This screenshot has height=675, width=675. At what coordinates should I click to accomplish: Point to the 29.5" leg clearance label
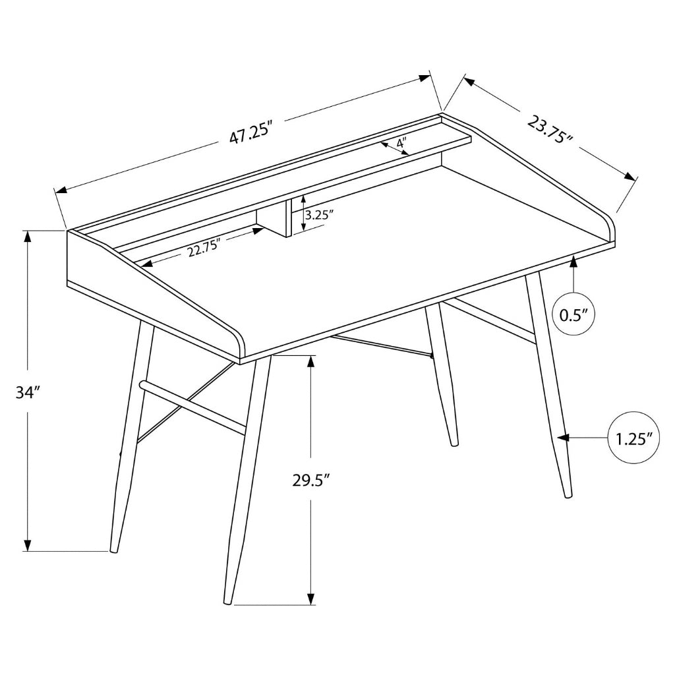point(310,480)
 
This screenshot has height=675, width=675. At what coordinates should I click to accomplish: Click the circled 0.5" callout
point(573,314)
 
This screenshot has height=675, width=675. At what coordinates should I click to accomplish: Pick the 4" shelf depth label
point(401,142)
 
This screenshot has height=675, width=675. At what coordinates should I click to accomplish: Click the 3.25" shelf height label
point(319,214)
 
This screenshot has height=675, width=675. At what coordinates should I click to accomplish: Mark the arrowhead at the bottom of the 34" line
point(28,545)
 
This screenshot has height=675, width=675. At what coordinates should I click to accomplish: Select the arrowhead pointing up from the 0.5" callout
point(573,262)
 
